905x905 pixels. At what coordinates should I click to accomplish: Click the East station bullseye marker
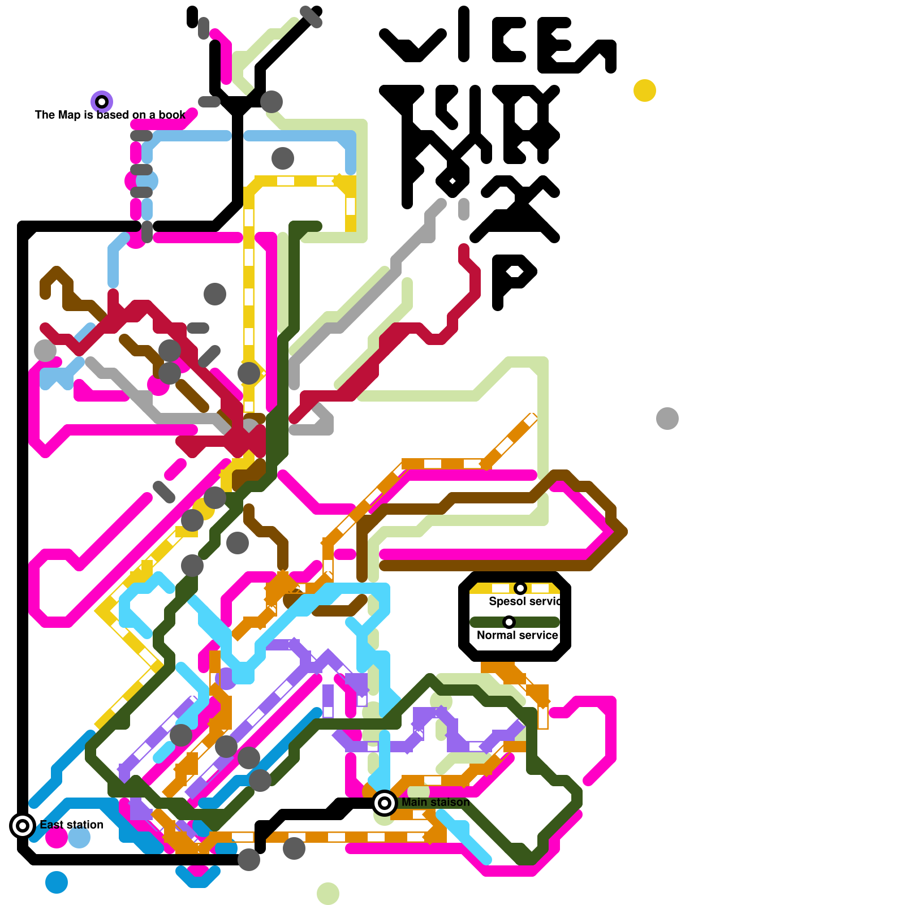coord(23,826)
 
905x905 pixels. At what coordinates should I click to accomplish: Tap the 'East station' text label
coord(71,825)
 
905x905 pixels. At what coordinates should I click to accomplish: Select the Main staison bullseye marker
coord(385,803)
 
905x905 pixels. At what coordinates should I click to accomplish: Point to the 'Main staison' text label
coord(436,802)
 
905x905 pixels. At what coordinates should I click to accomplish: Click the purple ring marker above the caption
coord(102,102)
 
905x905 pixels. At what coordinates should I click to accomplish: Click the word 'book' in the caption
coord(172,115)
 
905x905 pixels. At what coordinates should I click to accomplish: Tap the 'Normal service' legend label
coord(518,635)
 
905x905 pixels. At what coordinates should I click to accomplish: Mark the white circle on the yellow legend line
coord(520,588)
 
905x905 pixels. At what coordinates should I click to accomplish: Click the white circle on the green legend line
coord(509,622)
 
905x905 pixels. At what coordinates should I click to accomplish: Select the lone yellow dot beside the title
coord(645,90)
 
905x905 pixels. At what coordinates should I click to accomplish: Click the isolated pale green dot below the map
coord(328,894)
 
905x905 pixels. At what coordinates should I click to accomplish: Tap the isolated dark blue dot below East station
coord(57,882)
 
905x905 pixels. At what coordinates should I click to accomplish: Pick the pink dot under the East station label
coord(57,838)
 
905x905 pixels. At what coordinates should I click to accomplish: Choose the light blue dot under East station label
coord(79,838)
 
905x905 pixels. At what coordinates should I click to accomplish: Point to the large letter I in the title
coord(464,34)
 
